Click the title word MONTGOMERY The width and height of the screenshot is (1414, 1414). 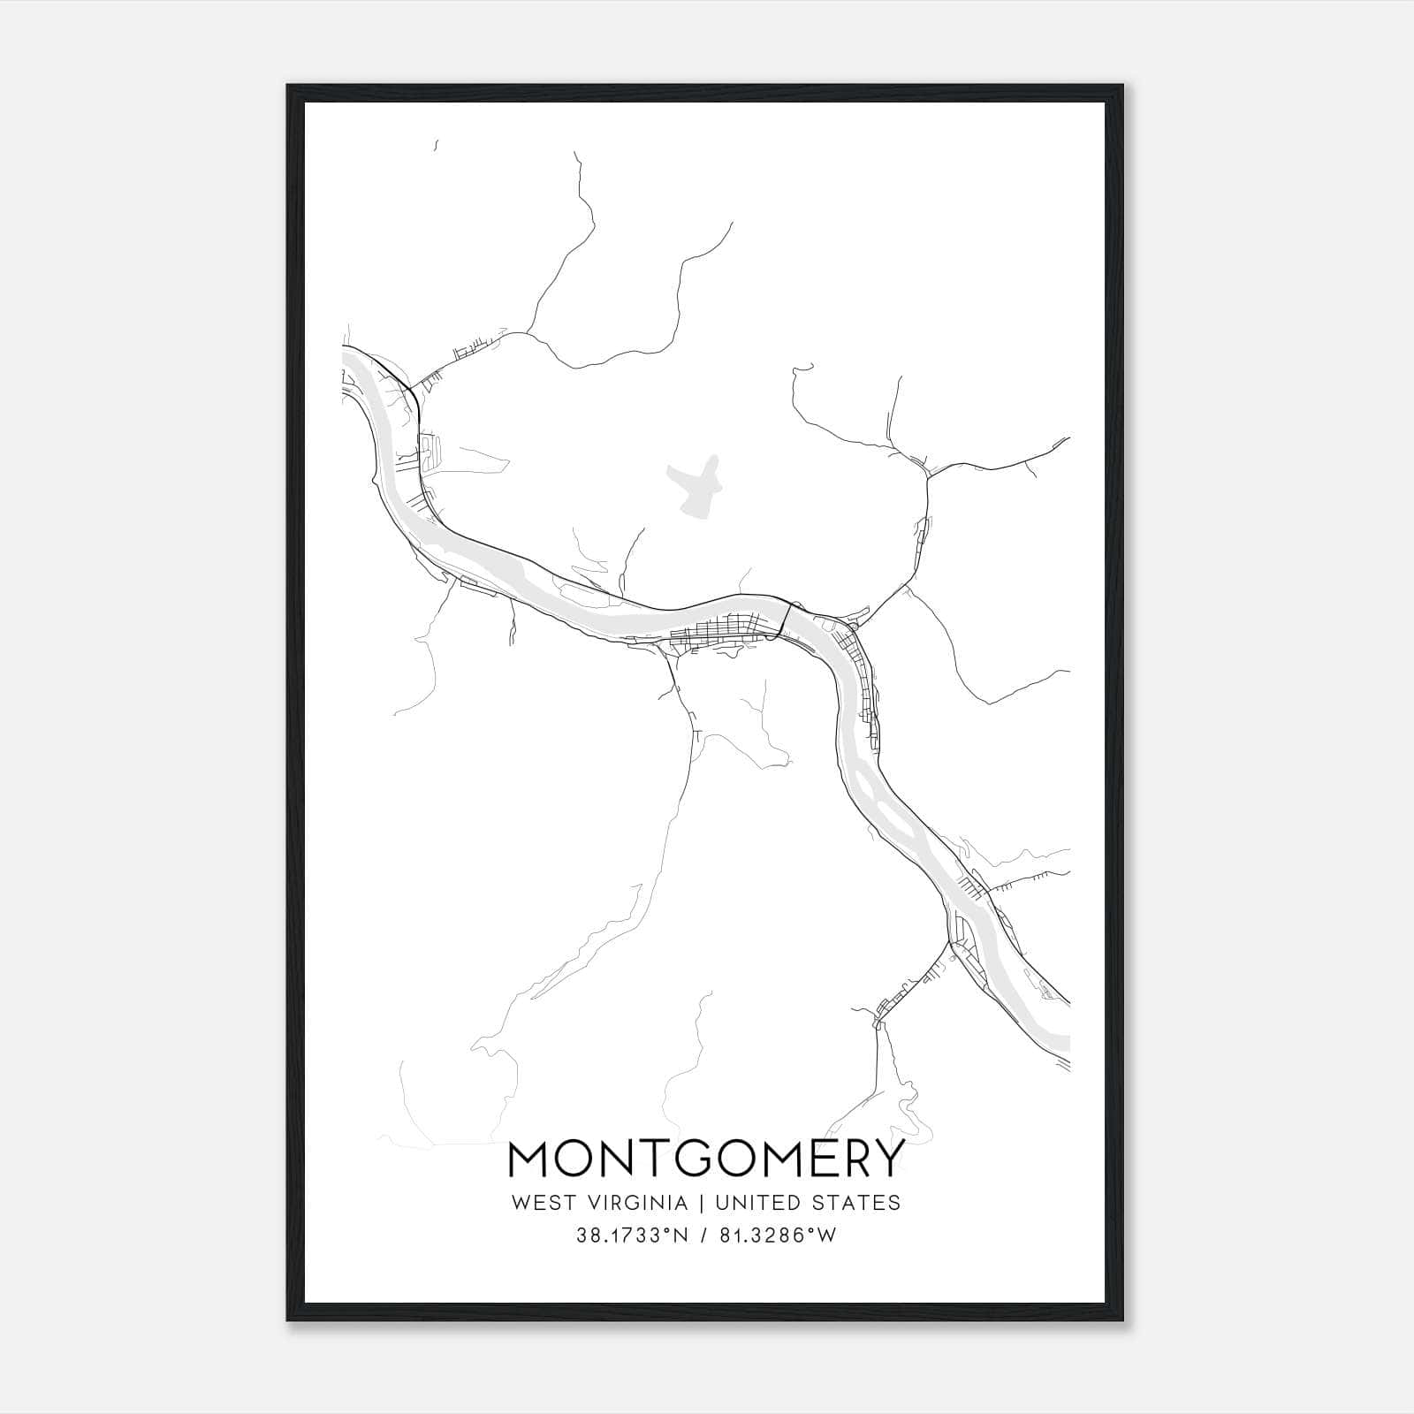pyautogui.click(x=706, y=1159)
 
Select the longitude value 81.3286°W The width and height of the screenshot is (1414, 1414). pyautogui.click(x=779, y=1236)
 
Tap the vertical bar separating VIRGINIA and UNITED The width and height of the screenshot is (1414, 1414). pyautogui.click(x=700, y=1203)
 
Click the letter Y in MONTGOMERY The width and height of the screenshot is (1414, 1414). pyautogui.click(x=888, y=1159)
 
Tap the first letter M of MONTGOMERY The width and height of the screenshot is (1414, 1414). pyautogui.click(x=530, y=1159)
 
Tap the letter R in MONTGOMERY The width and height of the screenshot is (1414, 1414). pyautogui.click(x=852, y=1159)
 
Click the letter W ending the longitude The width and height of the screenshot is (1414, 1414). pyautogui.click(x=827, y=1236)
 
